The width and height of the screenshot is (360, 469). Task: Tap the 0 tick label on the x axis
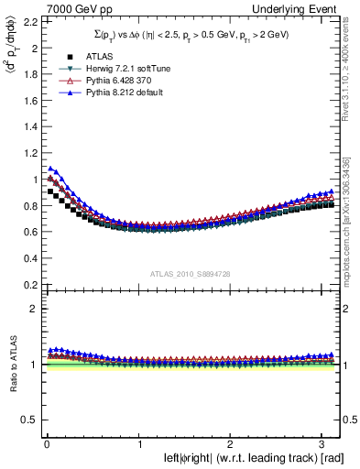47,443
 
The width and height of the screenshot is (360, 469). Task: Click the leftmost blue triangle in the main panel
50,169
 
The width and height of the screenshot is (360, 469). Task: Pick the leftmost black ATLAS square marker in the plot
50,191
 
